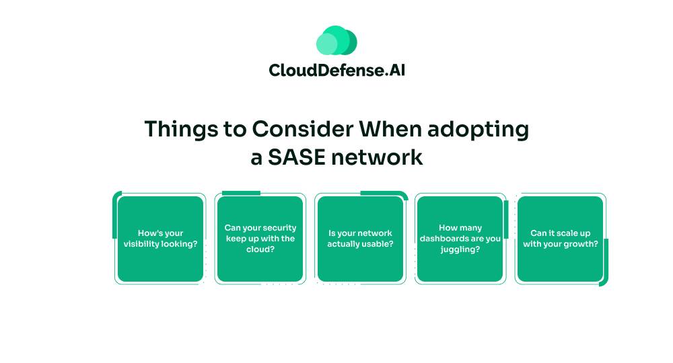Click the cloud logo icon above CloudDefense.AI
click(x=336, y=40)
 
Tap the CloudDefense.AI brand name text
click(x=337, y=70)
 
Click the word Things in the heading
click(x=181, y=130)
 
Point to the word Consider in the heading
click(x=303, y=129)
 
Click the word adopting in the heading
click(x=478, y=130)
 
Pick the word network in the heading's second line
click(x=377, y=157)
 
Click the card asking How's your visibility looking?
click(x=161, y=239)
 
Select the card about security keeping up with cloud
click(x=260, y=239)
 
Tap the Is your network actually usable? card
click(x=360, y=239)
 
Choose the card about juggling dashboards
click(x=460, y=239)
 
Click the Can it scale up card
click(x=560, y=239)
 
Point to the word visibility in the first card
click(x=141, y=244)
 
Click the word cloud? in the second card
click(x=260, y=249)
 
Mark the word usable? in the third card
click(x=378, y=244)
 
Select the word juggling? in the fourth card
click(x=460, y=249)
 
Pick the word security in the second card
click(x=279, y=228)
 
